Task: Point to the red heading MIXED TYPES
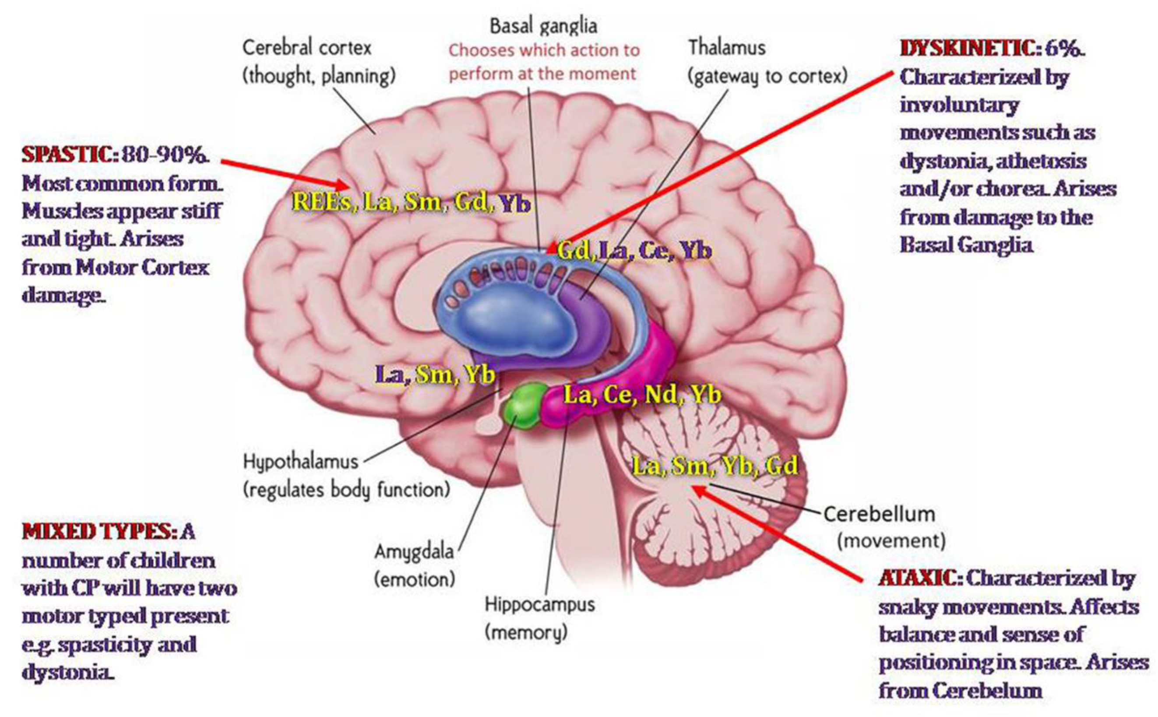97,532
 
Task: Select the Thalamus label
727,47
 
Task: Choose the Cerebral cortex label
306,47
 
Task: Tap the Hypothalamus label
300,461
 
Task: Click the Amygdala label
414,551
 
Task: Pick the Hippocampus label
539,604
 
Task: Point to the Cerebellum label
879,514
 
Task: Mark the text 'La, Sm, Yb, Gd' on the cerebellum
715,466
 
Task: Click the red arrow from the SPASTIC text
285,173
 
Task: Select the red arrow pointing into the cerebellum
778,534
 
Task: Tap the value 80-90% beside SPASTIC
164,155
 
